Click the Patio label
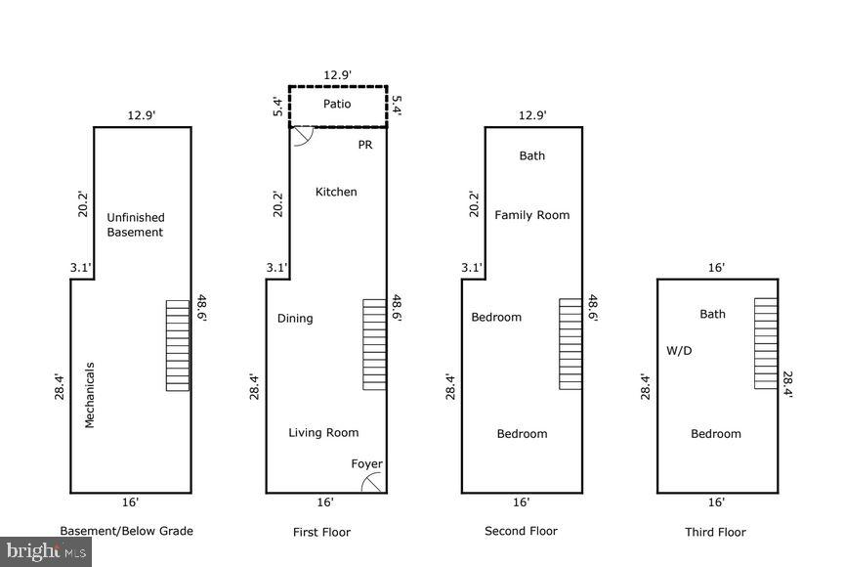(337, 104)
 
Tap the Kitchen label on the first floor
(336, 192)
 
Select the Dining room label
(295, 318)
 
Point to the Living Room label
(323, 432)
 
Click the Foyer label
(367, 463)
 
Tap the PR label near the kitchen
(365, 144)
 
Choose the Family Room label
(531, 215)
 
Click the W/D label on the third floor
(679, 350)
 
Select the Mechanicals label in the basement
(89, 395)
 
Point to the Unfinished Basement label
(136, 225)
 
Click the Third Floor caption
(715, 532)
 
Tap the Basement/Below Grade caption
(127, 531)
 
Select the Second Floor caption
(521, 531)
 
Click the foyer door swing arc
(372, 482)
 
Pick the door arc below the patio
(301, 138)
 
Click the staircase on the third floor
(766, 343)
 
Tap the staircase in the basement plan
(178, 345)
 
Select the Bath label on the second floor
(532, 155)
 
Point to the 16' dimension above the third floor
(716, 267)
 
